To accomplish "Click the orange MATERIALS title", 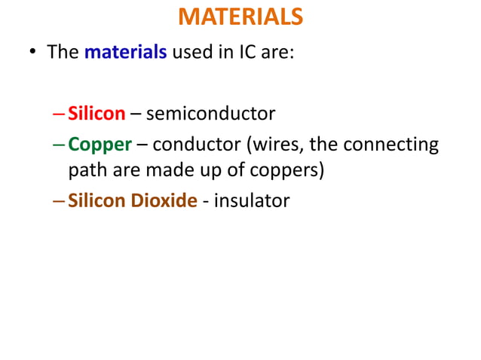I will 240,17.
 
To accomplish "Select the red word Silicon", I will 97,114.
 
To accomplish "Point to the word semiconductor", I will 210,114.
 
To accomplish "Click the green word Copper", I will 100,143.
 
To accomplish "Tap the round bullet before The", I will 33,54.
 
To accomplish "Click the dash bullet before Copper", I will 60,144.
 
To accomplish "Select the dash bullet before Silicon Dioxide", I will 60,202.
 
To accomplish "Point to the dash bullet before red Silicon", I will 60,114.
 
